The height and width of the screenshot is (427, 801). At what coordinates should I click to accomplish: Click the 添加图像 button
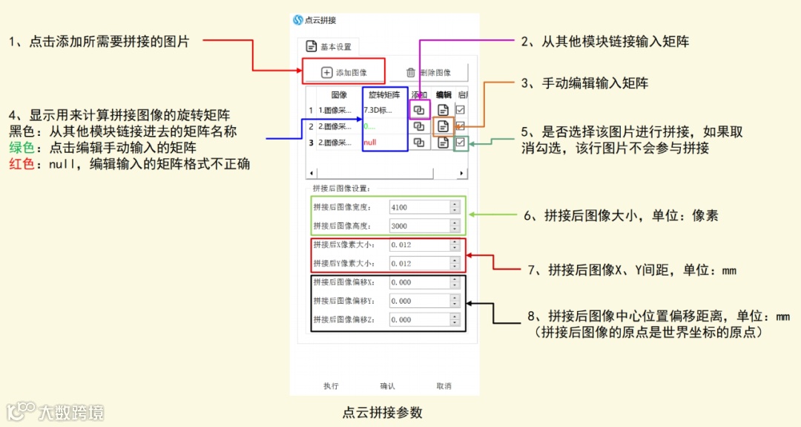tap(343, 72)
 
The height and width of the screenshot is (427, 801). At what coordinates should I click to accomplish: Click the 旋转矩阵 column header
tap(384, 94)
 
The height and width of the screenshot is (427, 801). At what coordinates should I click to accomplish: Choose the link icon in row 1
tap(419, 110)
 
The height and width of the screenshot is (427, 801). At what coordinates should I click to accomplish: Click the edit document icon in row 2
tap(443, 126)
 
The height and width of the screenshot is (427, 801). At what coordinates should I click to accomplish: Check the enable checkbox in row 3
tap(461, 142)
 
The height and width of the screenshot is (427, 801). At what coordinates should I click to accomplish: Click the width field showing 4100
tap(419, 207)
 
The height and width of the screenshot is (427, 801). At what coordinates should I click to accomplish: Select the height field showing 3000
tap(419, 226)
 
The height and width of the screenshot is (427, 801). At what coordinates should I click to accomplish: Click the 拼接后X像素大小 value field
tap(419, 244)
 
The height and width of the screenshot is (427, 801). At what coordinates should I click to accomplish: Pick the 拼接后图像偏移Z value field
tap(419, 319)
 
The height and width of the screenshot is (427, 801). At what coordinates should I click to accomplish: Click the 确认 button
tap(387, 386)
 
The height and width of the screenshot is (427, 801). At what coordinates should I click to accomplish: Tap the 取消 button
tap(444, 386)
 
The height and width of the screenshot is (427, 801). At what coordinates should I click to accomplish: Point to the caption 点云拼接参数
tap(382, 412)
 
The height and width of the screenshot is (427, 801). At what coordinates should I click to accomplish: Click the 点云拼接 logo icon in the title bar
tap(298, 20)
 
